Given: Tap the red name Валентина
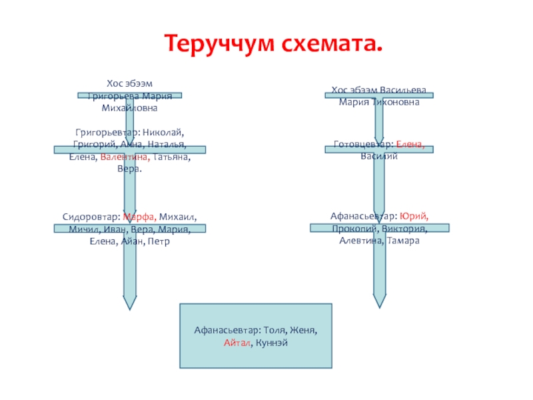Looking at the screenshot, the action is pyautogui.click(x=125, y=157).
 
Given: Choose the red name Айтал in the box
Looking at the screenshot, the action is pyautogui.click(x=238, y=342).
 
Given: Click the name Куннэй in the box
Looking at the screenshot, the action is pyautogui.click(x=272, y=342).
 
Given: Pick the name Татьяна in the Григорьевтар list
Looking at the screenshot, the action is pyautogui.click(x=171, y=157).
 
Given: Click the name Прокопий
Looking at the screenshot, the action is pyautogui.click(x=352, y=229).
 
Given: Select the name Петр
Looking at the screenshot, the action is pyautogui.click(x=159, y=241).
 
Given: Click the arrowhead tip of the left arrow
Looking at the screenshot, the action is pyautogui.click(x=129, y=308).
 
